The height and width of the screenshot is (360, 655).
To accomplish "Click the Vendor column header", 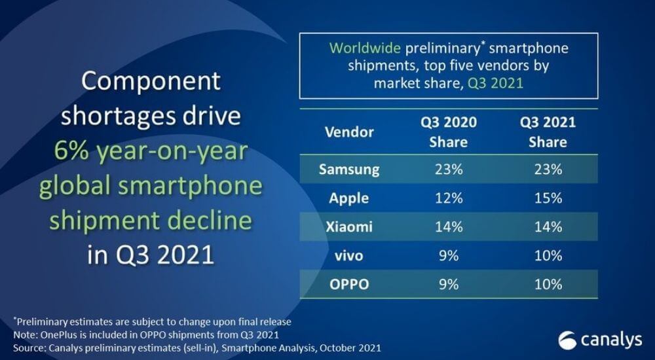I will pos(349,132).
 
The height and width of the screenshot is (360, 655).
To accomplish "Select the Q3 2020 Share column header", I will pos(448,132).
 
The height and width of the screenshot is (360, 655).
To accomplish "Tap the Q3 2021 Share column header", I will pos(548,132).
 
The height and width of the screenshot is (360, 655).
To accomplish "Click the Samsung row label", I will pos(349,170).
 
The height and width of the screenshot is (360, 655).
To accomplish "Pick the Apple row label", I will pos(349,198).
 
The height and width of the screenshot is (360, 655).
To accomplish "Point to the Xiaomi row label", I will pos(349,227).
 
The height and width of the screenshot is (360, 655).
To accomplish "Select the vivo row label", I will pos(349,256).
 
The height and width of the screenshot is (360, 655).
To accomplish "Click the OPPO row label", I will pos(349,285).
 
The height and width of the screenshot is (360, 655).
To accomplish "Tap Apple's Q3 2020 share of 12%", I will pos(448,198).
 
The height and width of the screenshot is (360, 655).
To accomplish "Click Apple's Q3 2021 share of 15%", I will pos(548,198).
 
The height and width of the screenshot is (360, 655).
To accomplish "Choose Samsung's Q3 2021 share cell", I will pos(548,170).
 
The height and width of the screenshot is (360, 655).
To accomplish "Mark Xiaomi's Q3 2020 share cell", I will pos(448,227).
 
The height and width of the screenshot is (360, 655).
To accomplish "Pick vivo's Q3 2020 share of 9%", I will pos(448,256).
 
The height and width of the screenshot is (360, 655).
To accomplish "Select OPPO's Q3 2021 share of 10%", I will pos(548,285).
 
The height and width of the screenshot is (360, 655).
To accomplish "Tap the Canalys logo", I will pos(597,340).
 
